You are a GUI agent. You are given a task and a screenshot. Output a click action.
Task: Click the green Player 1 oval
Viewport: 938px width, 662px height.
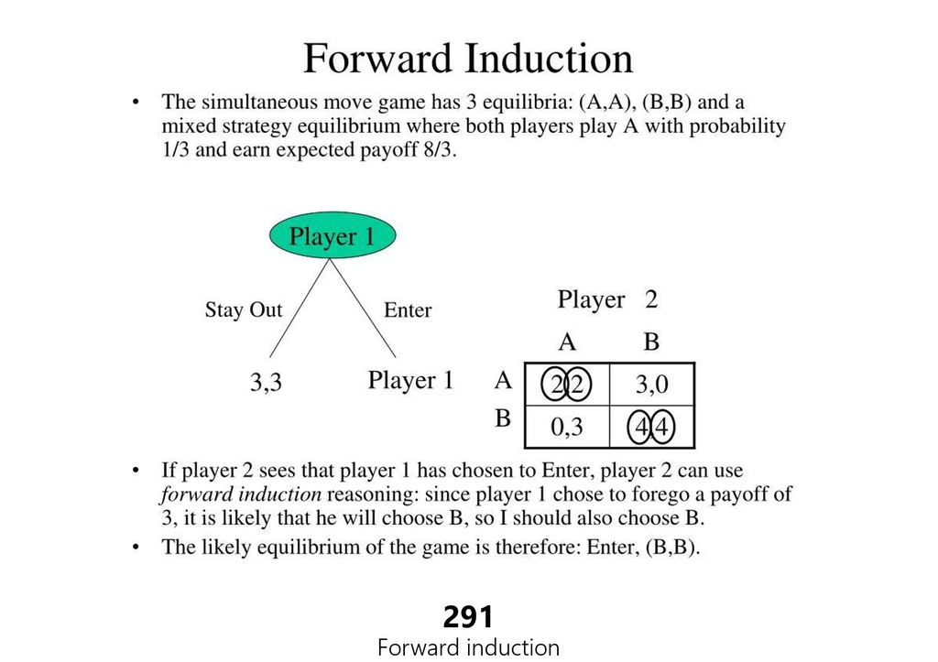pos(333,235)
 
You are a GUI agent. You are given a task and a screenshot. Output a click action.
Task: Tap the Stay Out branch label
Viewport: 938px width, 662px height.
pos(244,309)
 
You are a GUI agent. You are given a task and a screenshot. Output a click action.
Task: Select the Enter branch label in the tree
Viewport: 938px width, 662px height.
pos(408,309)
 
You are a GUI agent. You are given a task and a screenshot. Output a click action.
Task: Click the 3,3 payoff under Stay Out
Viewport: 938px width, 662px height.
pos(266,382)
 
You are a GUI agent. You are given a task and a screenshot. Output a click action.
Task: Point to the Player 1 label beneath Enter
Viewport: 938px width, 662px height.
pos(410,380)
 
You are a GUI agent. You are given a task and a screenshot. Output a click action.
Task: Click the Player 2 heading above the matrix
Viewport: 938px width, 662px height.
pos(608,299)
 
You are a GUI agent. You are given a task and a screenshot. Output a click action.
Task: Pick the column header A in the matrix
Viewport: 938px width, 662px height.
pos(567,342)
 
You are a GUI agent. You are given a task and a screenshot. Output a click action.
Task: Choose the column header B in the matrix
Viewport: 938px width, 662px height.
pos(651,342)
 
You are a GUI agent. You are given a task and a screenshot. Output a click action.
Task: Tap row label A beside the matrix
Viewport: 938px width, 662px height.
pos(503,380)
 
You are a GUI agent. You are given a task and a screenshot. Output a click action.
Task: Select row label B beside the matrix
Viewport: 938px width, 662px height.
pos(503,418)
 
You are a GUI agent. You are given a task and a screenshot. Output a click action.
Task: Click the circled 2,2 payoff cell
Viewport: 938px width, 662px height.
pos(566,385)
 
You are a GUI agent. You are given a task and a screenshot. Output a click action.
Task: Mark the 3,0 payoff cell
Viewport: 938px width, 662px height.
pos(651,385)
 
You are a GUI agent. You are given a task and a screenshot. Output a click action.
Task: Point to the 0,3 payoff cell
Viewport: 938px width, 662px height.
pos(566,427)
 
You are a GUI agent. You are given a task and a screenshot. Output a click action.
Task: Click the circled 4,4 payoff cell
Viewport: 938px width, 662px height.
pos(651,427)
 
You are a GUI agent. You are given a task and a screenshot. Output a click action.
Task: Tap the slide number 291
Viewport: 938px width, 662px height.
pos(468,617)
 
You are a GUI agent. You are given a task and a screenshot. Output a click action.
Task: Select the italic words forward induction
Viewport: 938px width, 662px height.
pos(241,494)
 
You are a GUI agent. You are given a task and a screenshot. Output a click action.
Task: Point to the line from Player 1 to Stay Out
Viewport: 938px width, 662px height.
pos(300,308)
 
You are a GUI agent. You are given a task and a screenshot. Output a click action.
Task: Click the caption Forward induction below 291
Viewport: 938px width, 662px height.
pos(468,647)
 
